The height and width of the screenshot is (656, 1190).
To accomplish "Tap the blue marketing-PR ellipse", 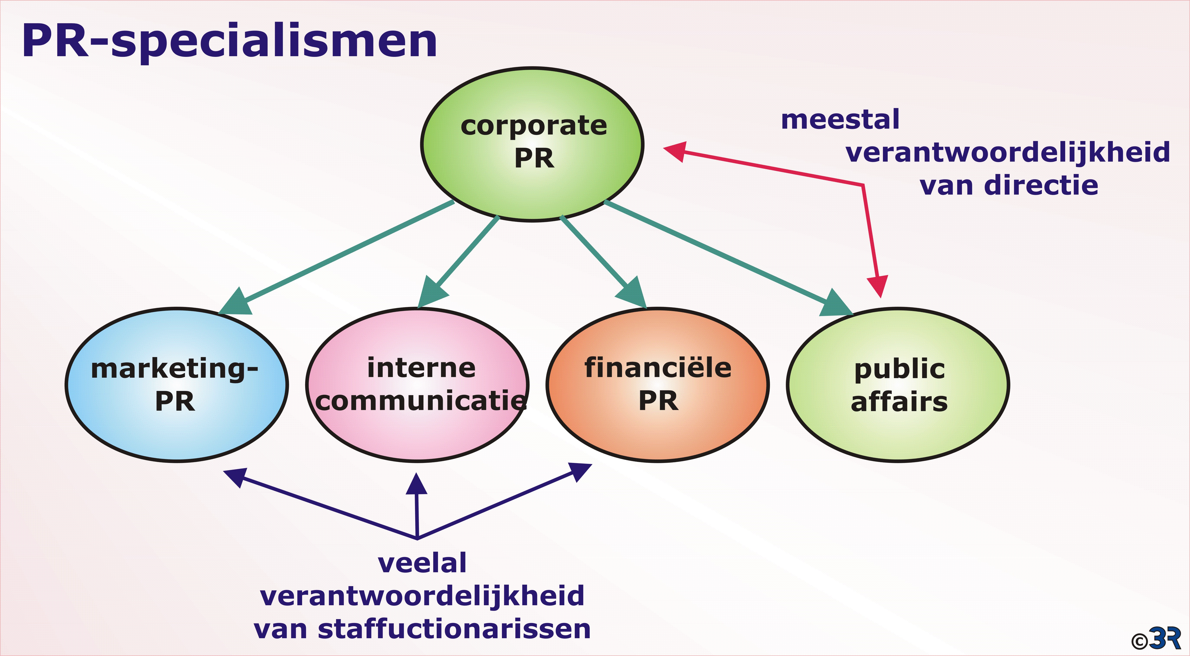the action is point(177,385).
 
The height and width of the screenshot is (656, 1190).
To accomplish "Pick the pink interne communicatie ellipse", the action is point(417,385).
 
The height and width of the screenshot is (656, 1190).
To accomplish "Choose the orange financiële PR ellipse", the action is point(658,385).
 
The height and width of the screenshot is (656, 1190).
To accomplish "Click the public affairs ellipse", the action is point(898,385).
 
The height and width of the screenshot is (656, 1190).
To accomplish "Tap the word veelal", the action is point(422,563).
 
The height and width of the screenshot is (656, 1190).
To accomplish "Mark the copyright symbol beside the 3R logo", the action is point(1140,641).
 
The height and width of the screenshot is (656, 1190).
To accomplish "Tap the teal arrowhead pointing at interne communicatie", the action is point(432,292).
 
